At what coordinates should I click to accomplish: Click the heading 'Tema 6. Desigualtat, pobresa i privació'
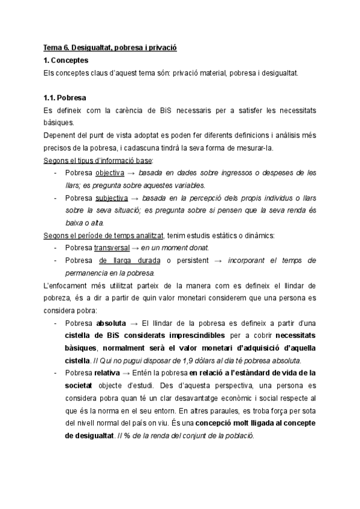[110, 48]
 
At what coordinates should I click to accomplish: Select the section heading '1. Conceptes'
[66, 61]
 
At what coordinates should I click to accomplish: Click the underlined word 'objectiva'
[110, 173]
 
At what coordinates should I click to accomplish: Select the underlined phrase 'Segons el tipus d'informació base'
[98, 160]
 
